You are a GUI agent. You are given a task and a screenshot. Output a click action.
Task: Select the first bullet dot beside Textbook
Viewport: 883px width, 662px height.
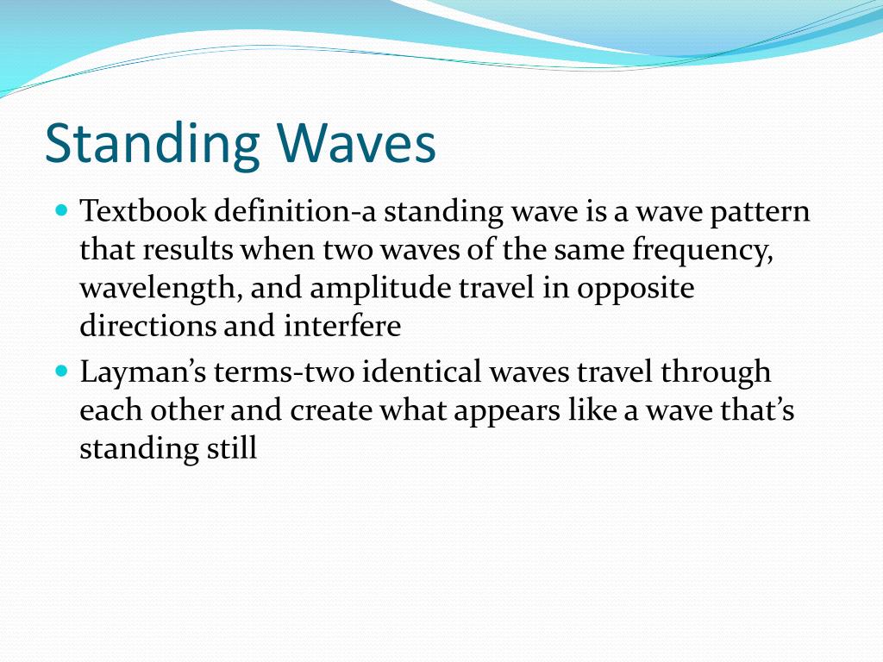pos(61,209)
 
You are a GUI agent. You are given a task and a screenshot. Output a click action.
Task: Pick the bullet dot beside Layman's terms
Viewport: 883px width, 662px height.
pos(61,371)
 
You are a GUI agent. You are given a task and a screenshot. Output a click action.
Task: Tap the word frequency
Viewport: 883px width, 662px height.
pos(701,250)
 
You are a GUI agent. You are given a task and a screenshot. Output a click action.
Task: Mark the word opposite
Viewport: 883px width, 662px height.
pos(636,289)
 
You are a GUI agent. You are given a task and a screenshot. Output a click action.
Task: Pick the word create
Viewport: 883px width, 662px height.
pos(329,411)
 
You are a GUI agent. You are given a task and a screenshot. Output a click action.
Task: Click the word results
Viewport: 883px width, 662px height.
pos(188,250)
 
